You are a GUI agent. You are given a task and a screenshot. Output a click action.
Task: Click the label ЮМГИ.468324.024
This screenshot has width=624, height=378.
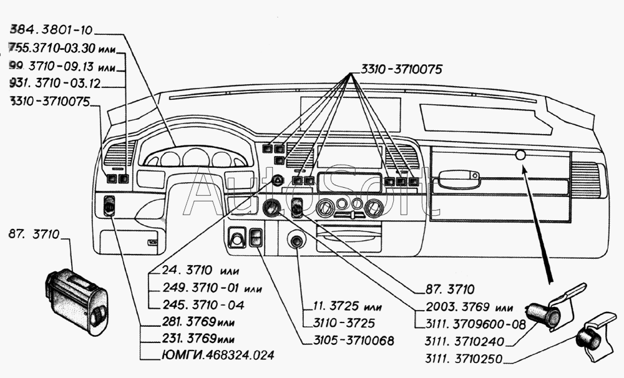pos(209,356)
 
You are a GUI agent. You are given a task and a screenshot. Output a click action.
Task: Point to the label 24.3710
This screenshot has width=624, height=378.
pos(184,271)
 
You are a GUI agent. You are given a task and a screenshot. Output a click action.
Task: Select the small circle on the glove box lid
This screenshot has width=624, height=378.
pos(521,155)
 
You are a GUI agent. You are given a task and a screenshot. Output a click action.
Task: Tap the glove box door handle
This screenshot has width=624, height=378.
pos(457,180)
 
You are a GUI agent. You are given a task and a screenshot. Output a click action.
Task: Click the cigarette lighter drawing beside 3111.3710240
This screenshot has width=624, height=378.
pos(548,313)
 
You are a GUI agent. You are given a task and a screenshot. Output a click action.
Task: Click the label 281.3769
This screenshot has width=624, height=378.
pos(188,322)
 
